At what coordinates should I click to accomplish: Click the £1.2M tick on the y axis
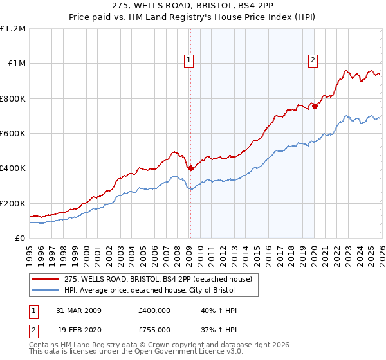pyautogui.click(x=13, y=28)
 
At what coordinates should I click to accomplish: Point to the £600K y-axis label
pyautogui.click(x=13, y=134)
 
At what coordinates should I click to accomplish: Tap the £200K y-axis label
pyautogui.click(x=13, y=203)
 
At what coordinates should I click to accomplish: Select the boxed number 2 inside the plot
pyautogui.click(x=313, y=60)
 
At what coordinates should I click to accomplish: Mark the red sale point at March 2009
pyautogui.click(x=190, y=168)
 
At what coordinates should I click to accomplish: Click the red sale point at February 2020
pyautogui.click(x=315, y=107)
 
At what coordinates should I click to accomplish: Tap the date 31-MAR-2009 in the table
pyautogui.click(x=79, y=310)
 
